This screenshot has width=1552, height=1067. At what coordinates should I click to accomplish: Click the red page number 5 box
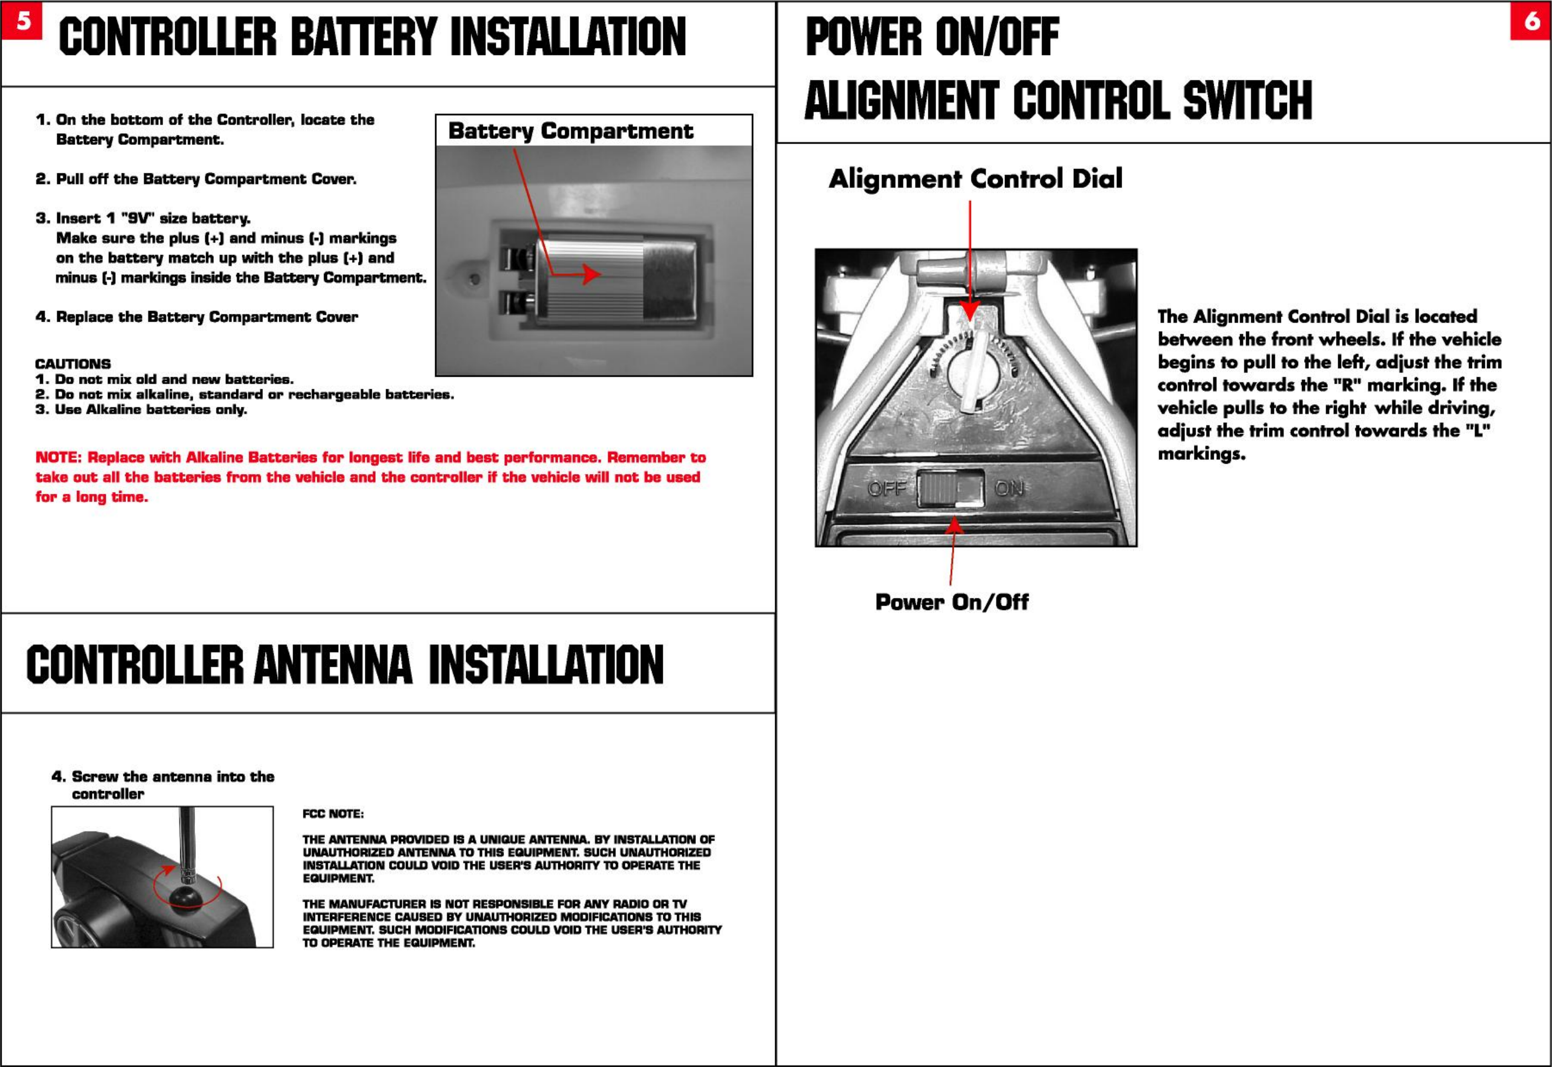21,21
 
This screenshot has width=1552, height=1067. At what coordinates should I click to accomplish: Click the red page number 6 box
1531,21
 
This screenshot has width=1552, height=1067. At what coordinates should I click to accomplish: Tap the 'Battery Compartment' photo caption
570,131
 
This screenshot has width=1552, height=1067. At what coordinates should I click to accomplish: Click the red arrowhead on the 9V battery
591,274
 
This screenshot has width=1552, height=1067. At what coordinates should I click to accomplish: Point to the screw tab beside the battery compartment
474,280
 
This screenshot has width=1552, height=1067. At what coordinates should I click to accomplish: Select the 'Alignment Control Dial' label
975,178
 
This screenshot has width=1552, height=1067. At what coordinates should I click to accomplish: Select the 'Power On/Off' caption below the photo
951,602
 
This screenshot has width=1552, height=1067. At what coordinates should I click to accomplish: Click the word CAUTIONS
73,364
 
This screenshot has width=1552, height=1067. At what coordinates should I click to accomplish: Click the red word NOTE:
58,458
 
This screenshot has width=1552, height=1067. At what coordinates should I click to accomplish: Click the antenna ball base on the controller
187,898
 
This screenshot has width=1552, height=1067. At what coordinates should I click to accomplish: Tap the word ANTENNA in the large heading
332,665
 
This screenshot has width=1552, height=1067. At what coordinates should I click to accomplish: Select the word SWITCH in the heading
1247,100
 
